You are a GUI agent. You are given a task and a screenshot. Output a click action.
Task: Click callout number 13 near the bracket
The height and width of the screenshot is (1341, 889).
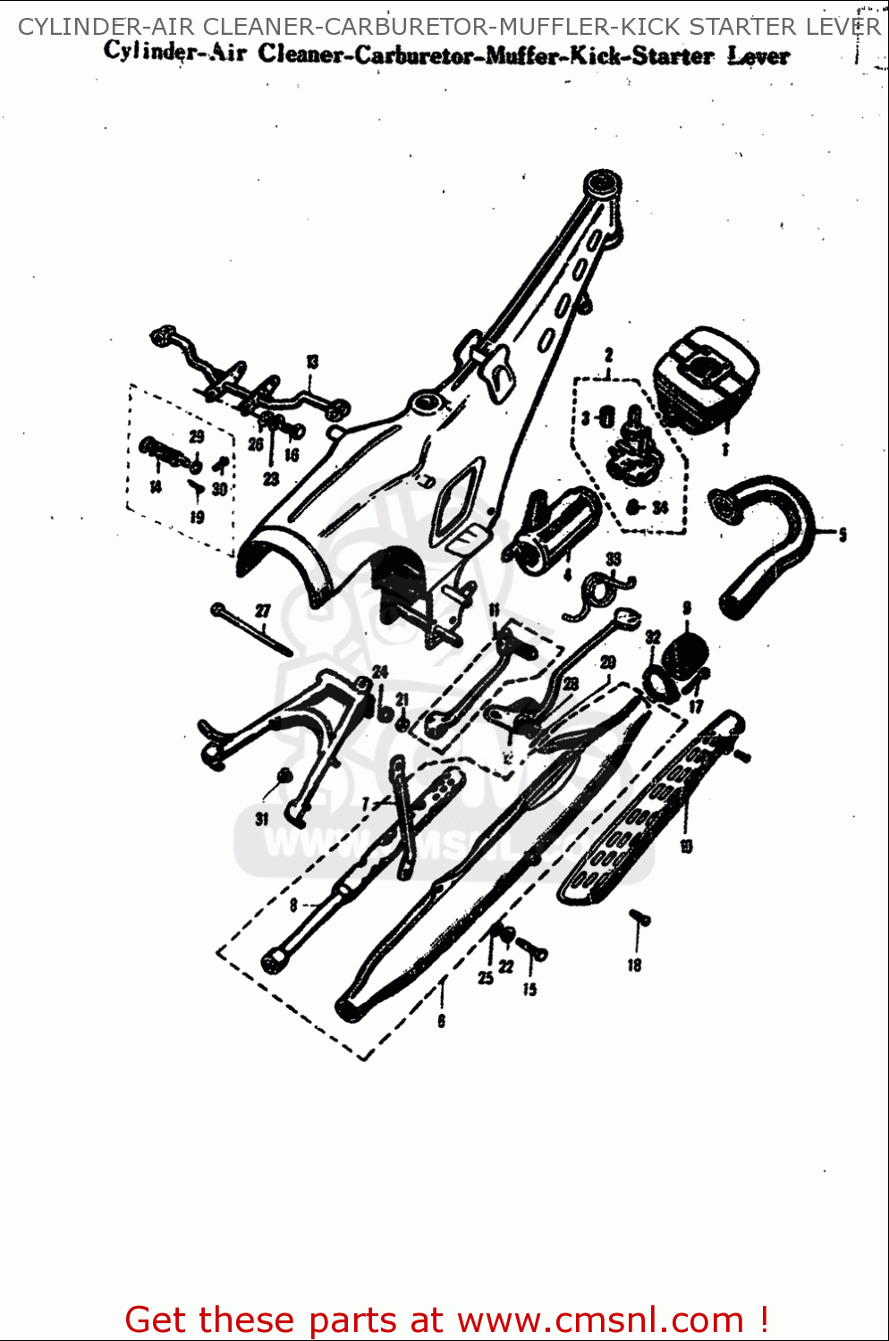(x=312, y=362)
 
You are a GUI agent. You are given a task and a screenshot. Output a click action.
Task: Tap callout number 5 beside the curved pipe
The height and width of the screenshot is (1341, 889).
(x=842, y=535)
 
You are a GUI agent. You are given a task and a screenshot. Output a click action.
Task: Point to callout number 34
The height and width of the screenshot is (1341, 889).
(x=660, y=508)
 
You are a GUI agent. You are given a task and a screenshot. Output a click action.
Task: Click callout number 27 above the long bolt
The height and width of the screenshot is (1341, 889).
(x=262, y=611)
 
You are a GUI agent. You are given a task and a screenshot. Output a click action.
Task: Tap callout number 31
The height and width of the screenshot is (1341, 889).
(x=261, y=819)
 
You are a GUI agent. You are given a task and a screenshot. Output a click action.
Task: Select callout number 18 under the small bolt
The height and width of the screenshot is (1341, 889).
(x=634, y=965)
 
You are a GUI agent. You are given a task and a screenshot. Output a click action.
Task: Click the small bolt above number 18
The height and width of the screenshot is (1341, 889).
(x=639, y=917)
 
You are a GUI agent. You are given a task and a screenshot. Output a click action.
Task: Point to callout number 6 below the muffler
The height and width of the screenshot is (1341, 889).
(x=441, y=1021)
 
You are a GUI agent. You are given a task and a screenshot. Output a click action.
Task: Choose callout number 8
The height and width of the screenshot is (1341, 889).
(x=293, y=906)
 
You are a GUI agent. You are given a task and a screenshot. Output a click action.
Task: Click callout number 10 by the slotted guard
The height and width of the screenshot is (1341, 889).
(x=686, y=846)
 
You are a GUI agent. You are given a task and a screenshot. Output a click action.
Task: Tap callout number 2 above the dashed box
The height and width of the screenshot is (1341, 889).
(x=608, y=355)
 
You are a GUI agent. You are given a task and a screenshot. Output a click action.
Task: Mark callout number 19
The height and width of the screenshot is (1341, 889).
(x=197, y=516)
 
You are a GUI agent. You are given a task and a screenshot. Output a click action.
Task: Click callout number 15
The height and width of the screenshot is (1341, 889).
(x=529, y=989)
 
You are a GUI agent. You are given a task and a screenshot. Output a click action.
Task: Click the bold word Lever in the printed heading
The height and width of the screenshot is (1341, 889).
(x=758, y=55)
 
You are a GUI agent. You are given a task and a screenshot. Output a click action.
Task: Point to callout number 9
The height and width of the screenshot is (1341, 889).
(x=687, y=608)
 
